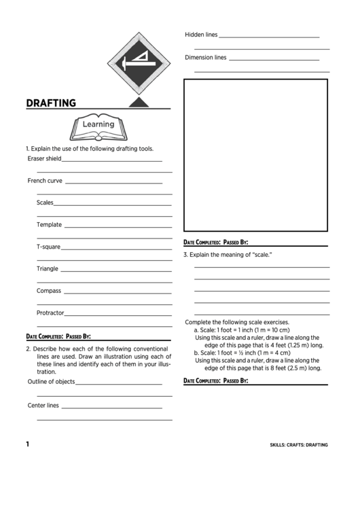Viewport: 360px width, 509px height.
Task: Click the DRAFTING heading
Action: pyautogui.click(x=50, y=103)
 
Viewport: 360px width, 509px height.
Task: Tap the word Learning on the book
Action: pyautogui.click(x=98, y=124)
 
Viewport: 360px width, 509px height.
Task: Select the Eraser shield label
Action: pyautogui.click(x=44, y=158)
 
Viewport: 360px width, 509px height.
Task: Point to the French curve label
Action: pyautogui.click(x=45, y=181)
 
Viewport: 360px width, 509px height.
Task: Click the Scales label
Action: pyautogui.click(x=45, y=203)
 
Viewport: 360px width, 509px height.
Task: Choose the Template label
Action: pyautogui.click(x=49, y=224)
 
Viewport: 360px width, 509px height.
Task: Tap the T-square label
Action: pyautogui.click(x=48, y=247)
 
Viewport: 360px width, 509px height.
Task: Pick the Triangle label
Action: pyautogui.click(x=48, y=268)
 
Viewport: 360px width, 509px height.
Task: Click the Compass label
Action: pyautogui.click(x=49, y=291)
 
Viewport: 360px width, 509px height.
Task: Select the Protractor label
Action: pyautogui.click(x=50, y=313)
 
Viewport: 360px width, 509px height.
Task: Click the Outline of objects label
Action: pyautogui.click(x=51, y=381)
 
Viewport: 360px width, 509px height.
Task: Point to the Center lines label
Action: pyautogui.click(x=43, y=405)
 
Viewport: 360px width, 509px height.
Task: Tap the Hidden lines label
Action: pyautogui.click(x=201, y=34)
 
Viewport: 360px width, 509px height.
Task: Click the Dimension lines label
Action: pyautogui.click(x=205, y=58)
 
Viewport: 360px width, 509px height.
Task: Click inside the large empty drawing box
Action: pyautogui.click(x=256, y=156)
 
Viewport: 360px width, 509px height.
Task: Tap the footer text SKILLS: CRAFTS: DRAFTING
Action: pyautogui.click(x=299, y=444)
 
